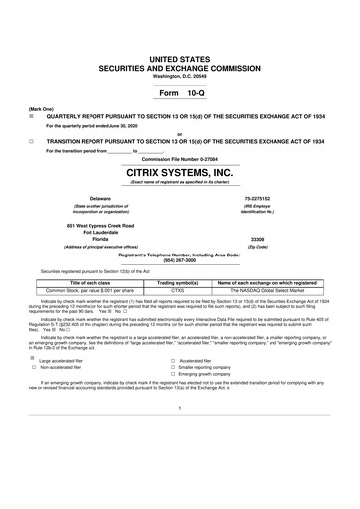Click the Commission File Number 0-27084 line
tap(179, 158)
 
